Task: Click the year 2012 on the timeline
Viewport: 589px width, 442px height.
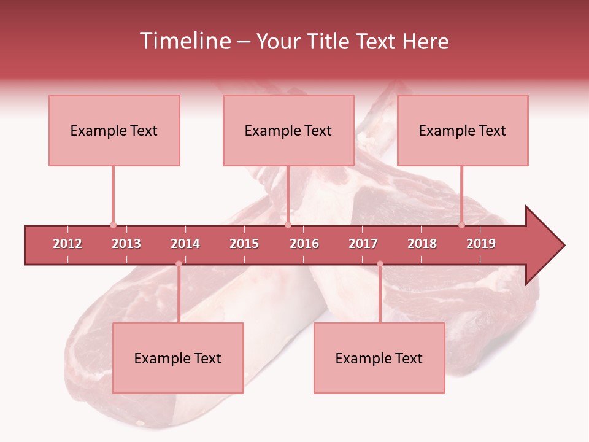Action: [67, 244]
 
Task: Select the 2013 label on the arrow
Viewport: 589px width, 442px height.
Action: [126, 244]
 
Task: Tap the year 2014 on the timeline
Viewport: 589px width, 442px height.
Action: [185, 244]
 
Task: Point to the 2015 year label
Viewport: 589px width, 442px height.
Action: [244, 244]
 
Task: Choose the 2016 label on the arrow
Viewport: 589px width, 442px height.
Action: [304, 244]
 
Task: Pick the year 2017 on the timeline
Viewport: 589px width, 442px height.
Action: [363, 244]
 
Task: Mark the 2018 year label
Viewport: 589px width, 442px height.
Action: [422, 244]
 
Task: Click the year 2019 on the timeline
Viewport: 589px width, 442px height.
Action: [481, 244]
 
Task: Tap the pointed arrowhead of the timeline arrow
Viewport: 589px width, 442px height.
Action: [549, 246]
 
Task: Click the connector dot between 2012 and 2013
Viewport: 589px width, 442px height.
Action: [113, 225]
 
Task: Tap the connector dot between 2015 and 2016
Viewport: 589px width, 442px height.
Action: [288, 225]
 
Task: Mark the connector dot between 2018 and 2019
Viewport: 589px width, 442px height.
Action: [461, 225]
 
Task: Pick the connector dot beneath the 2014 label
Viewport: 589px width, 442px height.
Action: [179, 264]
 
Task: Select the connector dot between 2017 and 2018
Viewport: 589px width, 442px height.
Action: [380, 264]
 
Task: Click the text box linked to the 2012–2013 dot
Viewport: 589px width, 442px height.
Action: [114, 130]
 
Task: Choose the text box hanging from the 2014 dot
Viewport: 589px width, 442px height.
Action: [178, 358]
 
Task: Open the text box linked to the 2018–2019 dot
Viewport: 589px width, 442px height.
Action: [463, 130]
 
